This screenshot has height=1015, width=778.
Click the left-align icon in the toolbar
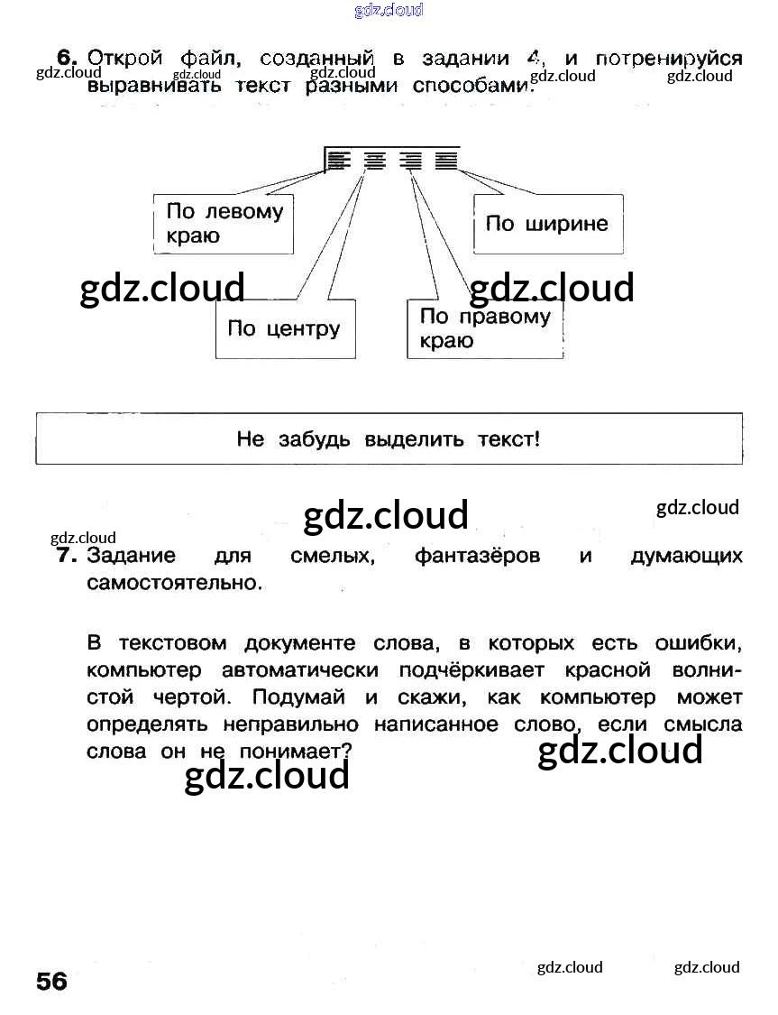click(338, 161)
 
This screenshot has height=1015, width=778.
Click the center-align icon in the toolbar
click(374, 161)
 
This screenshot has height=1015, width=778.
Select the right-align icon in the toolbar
click(411, 161)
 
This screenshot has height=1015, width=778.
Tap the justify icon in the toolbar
click(445, 161)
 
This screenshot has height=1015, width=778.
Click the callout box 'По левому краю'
click(224, 224)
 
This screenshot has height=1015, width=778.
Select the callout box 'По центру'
click(285, 328)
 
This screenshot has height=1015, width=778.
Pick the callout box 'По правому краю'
click(485, 328)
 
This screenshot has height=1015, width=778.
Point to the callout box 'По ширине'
click(548, 224)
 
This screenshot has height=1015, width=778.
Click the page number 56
click(52, 981)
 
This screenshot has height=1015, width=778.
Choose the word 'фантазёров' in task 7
click(477, 556)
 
